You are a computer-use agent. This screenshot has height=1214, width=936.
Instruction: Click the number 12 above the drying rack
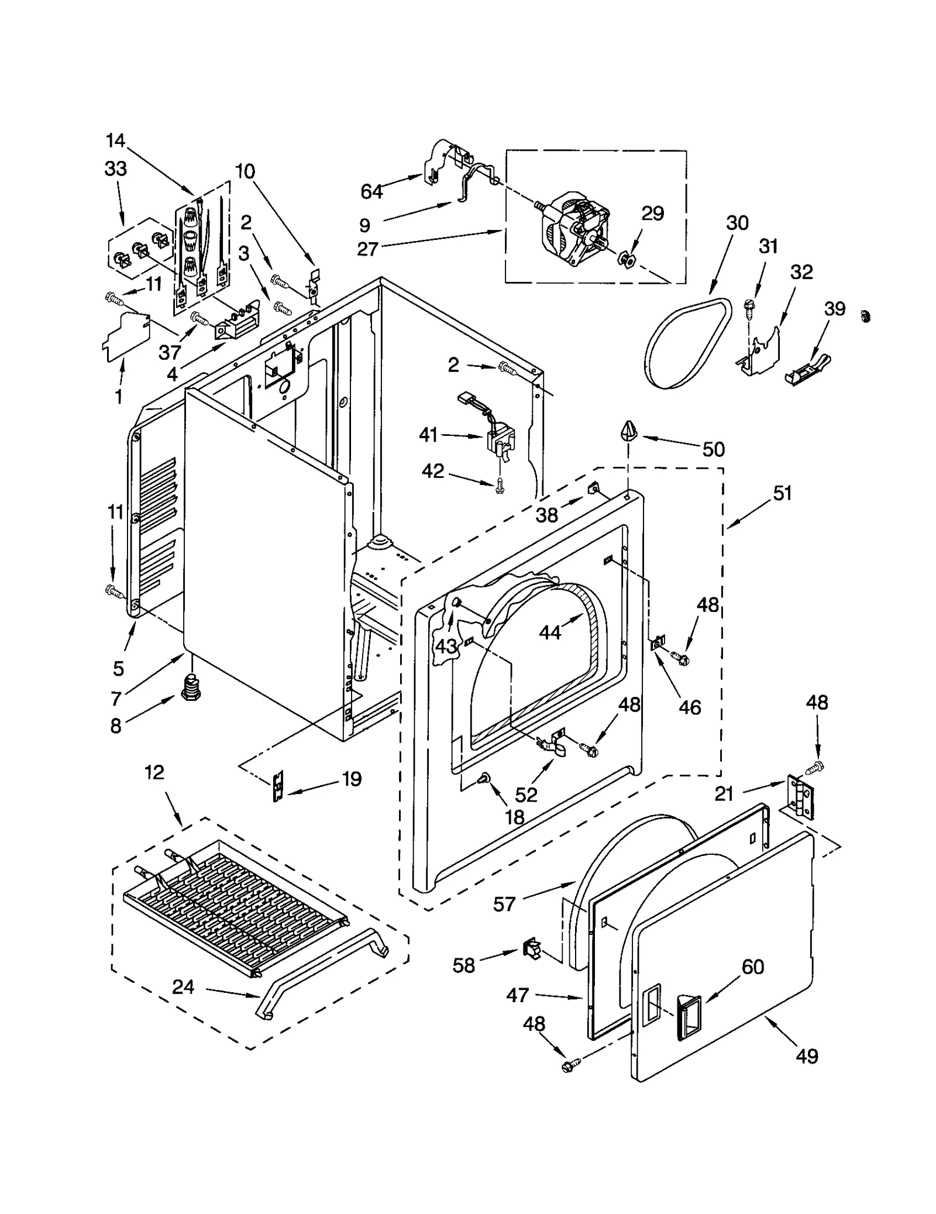click(154, 772)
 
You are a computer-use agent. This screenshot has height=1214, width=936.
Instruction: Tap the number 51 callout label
click(782, 493)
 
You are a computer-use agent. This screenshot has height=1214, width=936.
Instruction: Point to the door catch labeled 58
click(530, 946)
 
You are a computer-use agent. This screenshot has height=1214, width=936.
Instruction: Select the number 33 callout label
click(116, 168)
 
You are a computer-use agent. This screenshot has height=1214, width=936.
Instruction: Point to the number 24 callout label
click(183, 987)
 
